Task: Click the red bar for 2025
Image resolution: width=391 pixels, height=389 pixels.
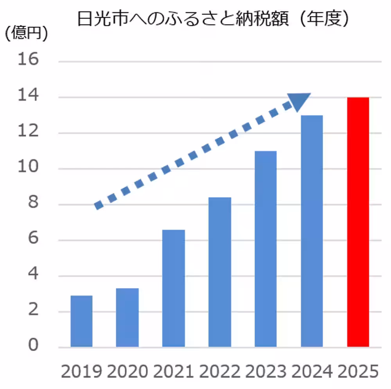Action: [x=358, y=222]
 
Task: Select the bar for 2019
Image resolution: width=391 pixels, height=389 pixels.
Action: [x=81, y=321]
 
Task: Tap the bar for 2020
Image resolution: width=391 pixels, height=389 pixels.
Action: [x=127, y=317]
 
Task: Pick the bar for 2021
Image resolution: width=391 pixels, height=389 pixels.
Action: [x=174, y=288]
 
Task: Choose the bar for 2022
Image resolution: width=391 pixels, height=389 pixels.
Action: [x=220, y=272]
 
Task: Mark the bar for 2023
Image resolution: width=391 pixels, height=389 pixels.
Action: [x=265, y=249]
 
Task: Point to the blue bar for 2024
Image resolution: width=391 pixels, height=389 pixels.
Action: [x=312, y=231]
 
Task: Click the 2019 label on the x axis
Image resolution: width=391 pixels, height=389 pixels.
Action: [x=81, y=371]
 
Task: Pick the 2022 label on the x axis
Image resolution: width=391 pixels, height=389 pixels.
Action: [x=220, y=371]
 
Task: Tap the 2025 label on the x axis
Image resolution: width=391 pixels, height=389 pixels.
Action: [x=358, y=371]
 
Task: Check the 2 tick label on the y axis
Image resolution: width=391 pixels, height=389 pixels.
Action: [x=33, y=311]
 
